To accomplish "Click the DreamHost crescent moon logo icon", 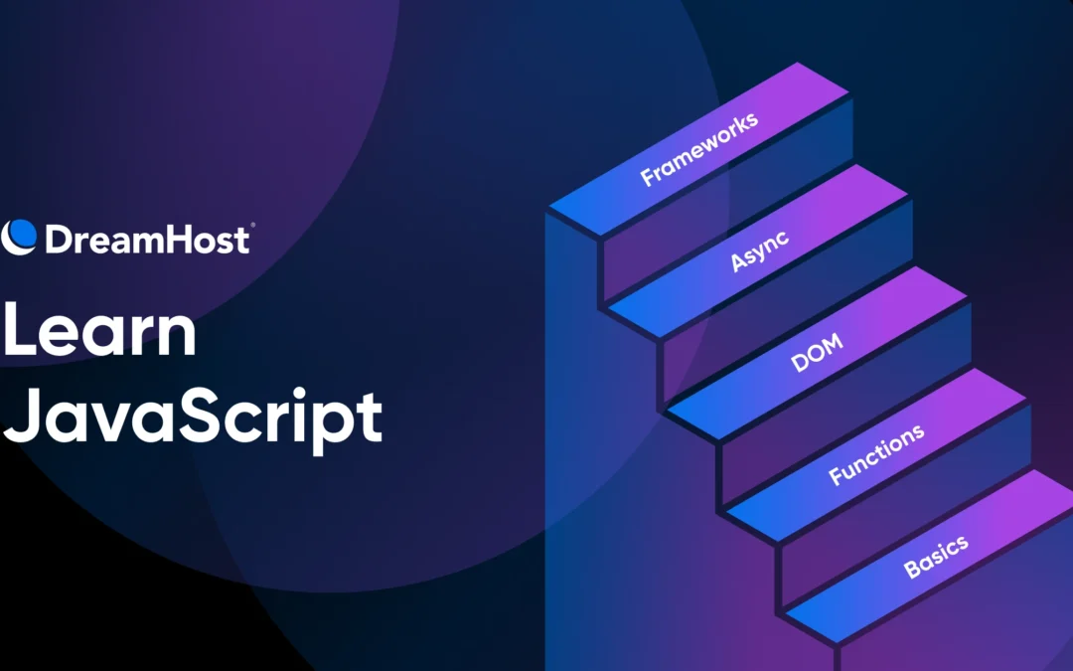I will click(x=19, y=236).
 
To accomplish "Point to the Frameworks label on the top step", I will click(x=698, y=148).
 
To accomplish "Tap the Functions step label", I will click(x=876, y=453).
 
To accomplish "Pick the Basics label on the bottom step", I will click(x=935, y=554).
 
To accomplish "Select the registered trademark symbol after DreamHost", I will click(x=251, y=227).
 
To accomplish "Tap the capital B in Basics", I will click(x=911, y=571).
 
